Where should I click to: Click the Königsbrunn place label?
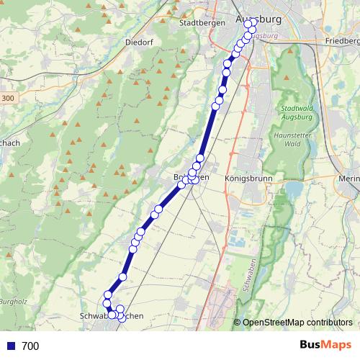(247, 177)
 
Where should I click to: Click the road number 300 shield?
(8, 98)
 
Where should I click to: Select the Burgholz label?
(11, 302)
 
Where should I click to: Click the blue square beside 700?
(10, 346)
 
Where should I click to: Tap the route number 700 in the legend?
(30, 346)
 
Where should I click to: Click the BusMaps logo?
(325, 346)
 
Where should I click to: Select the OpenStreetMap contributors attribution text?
(297, 323)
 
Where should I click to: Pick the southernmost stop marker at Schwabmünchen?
(121, 318)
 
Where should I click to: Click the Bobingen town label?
(191, 177)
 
